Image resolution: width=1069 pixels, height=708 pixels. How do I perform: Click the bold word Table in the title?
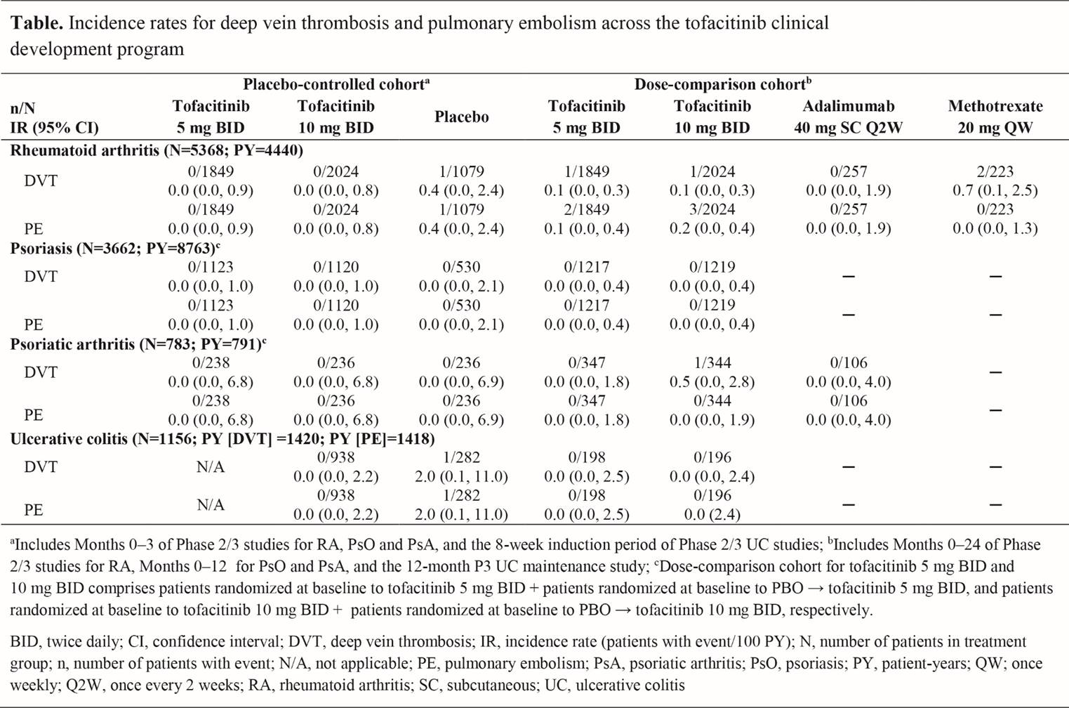click(35, 23)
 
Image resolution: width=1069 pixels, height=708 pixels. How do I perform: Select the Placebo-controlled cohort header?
click(336, 84)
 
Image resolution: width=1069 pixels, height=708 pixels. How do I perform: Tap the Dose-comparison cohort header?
click(722, 84)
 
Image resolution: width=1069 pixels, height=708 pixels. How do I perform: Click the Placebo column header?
click(461, 117)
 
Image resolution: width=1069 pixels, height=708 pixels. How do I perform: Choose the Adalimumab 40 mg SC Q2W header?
click(848, 117)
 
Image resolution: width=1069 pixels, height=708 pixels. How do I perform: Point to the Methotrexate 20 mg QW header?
click(995, 117)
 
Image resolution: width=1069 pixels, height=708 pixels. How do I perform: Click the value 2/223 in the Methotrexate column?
click(995, 171)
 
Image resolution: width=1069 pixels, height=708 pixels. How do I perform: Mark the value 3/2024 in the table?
click(712, 209)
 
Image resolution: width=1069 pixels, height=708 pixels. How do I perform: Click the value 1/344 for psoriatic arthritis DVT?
click(712, 363)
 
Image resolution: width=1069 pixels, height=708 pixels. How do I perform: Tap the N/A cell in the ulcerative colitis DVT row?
click(211, 467)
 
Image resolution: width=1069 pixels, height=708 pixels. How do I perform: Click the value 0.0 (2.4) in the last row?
click(712, 514)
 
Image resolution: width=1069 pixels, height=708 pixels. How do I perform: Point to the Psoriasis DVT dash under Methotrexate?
click(995, 277)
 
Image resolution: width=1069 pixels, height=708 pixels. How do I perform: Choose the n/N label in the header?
click(22, 108)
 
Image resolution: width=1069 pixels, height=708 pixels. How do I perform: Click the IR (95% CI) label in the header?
click(54, 128)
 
